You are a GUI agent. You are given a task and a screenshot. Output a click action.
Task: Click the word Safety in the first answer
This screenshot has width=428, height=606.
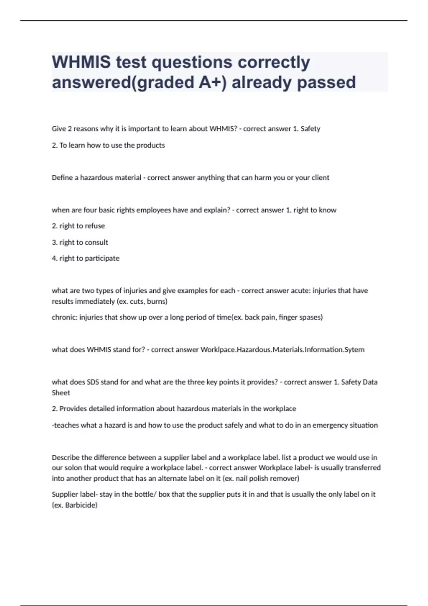pos(310,129)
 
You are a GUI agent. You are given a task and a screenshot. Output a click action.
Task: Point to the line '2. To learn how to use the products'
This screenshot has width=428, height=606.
pos(108,145)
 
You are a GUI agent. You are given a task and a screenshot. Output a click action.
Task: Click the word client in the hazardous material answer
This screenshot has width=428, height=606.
pos(320,178)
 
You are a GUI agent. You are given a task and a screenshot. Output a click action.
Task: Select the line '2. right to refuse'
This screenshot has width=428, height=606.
pos(78,226)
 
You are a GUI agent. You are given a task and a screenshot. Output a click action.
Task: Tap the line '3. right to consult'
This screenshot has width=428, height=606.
pos(80,242)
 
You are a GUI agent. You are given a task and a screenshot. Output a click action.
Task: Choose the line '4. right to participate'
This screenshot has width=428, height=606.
pos(86,258)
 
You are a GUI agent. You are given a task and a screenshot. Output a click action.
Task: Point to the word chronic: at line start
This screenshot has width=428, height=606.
pos(65,317)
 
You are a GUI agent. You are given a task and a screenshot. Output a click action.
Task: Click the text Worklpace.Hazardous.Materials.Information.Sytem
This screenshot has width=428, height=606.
pos(282,350)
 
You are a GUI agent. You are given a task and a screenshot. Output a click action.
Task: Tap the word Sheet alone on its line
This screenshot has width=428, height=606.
pos(61,393)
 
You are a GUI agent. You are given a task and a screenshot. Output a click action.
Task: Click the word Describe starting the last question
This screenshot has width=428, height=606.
pos(66,457)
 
